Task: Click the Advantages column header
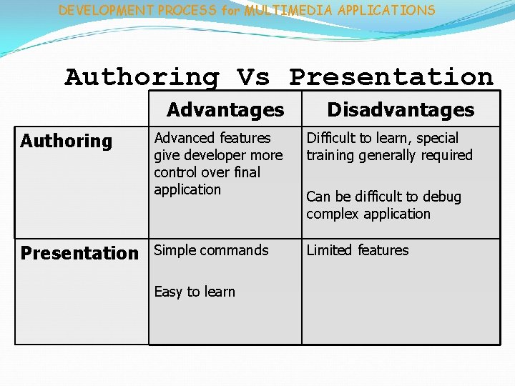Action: (x=225, y=109)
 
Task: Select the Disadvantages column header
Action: (x=401, y=109)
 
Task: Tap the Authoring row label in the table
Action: (x=67, y=142)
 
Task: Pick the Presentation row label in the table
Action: (x=79, y=253)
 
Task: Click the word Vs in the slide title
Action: (x=253, y=76)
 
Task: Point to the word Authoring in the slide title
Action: (x=142, y=76)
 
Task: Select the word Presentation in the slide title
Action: (x=391, y=76)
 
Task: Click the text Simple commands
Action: (x=211, y=250)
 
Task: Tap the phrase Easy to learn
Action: (x=195, y=292)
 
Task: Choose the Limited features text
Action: (x=358, y=250)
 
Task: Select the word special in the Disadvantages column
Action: (x=436, y=138)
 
